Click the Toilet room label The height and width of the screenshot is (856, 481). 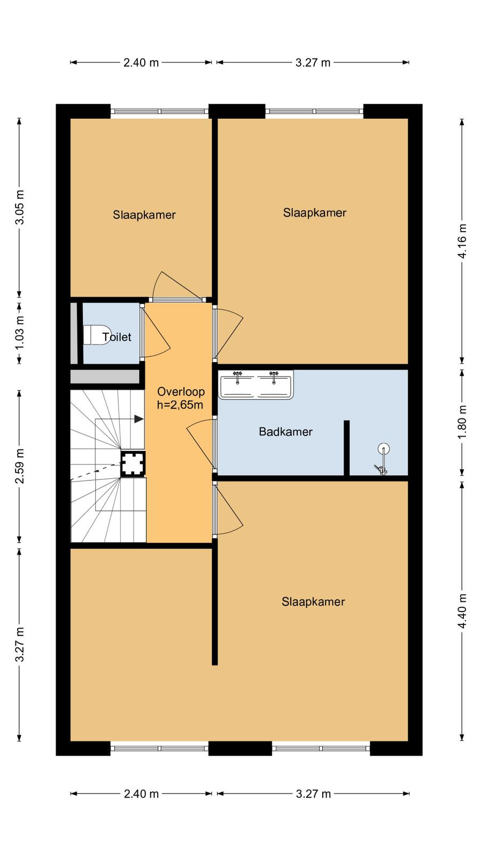[117, 337]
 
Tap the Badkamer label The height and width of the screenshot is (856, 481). [285, 432]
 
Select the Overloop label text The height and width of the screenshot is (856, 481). [181, 392]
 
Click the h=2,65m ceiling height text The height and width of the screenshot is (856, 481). [180, 404]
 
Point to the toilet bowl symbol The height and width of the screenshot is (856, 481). [97, 335]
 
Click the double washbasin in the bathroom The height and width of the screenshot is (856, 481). [256, 385]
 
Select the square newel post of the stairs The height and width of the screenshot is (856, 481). [133, 464]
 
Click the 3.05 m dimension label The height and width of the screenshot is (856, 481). [19, 207]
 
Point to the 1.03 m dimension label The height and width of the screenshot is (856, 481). [19, 332]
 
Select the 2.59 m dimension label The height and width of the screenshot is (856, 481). [19, 466]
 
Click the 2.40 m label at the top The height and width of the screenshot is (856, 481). [141, 63]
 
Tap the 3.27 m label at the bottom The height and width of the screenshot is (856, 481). [313, 794]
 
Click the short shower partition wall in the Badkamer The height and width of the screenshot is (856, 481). [347, 448]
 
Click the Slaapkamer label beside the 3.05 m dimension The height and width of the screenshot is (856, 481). [144, 215]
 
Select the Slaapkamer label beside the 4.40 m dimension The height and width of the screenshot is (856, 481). [313, 602]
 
